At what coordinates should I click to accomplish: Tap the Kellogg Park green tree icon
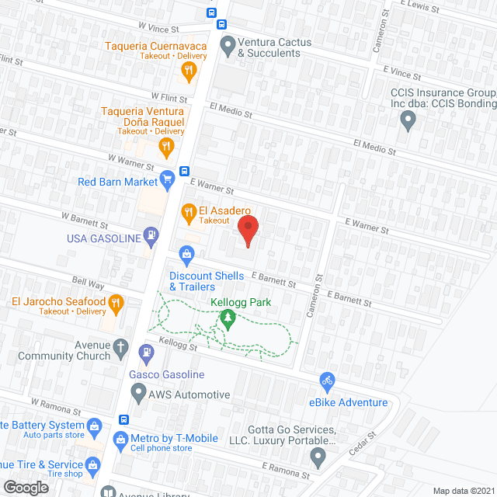click(228, 318)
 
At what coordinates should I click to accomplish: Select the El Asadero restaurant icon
click(187, 210)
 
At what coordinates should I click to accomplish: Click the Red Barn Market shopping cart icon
click(167, 182)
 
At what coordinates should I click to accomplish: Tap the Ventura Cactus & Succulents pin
click(228, 44)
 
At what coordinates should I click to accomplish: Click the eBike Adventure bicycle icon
click(327, 381)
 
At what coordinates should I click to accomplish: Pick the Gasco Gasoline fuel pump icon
click(145, 353)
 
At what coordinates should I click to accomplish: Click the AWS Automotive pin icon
click(137, 394)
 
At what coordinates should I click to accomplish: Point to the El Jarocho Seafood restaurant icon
click(116, 301)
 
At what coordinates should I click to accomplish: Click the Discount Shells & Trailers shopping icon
click(186, 252)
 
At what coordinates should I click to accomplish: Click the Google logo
click(26, 487)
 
